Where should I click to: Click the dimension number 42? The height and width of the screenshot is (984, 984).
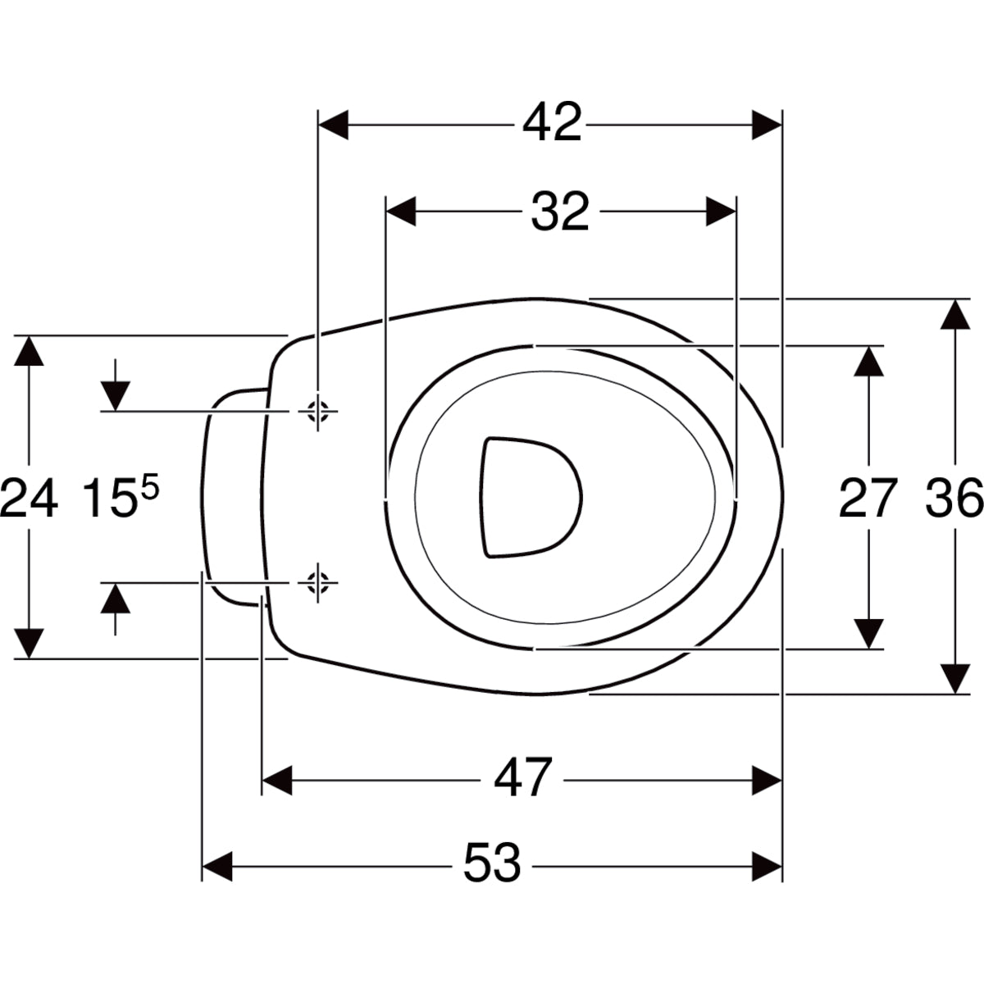(553, 124)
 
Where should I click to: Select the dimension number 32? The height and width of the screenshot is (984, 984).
(560, 212)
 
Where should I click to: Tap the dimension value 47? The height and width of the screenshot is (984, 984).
(523, 778)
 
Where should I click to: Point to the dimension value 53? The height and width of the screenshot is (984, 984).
(492, 864)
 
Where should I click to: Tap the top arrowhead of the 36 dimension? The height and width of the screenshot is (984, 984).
(954, 317)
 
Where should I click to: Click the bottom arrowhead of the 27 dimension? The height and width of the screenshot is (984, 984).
(868, 632)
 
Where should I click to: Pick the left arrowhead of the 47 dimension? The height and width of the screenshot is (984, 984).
(277, 779)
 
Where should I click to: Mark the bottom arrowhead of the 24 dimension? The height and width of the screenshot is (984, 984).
(30, 642)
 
